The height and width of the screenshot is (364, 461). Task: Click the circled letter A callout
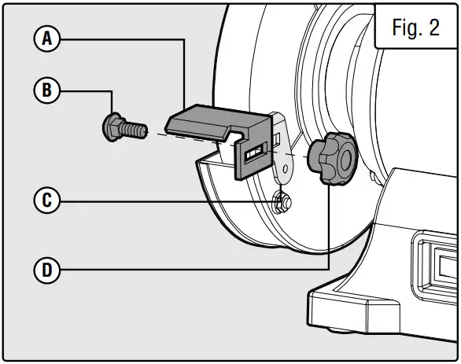click(x=47, y=39)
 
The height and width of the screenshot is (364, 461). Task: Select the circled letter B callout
click(x=47, y=90)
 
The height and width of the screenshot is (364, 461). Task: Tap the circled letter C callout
click(x=47, y=200)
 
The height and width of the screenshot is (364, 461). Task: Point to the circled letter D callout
click(x=47, y=270)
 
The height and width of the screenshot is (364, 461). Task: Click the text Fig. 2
click(x=415, y=28)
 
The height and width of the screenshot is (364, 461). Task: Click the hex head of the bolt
click(x=112, y=127)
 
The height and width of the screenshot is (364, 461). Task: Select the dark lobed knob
click(x=332, y=158)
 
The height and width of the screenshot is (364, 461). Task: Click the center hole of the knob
click(x=345, y=160)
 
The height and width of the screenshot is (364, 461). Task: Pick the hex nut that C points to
click(x=282, y=201)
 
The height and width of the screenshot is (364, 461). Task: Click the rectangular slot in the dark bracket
click(x=256, y=153)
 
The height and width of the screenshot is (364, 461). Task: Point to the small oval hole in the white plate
click(x=285, y=169)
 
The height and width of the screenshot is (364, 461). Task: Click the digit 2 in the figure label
click(x=434, y=28)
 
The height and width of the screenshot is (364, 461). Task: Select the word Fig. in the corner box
click(x=407, y=28)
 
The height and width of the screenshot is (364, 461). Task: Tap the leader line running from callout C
click(x=167, y=202)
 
